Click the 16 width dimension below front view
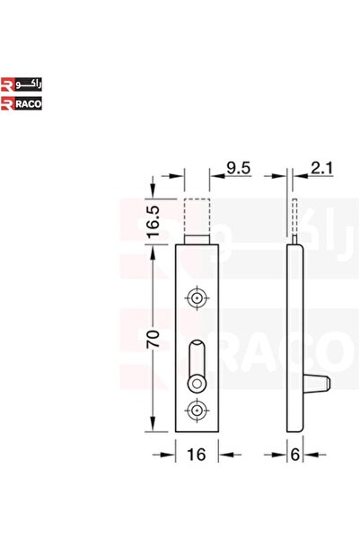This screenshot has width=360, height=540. pos(197,455)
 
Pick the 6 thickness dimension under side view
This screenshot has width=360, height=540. pos(294,455)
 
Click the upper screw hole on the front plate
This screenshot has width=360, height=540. pos(197,297)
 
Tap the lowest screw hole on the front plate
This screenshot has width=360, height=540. pos(197,412)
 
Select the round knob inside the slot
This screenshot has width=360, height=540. pos(197,384)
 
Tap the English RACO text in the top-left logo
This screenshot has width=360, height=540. pos(29,104)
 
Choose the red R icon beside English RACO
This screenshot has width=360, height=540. pos(8,104)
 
